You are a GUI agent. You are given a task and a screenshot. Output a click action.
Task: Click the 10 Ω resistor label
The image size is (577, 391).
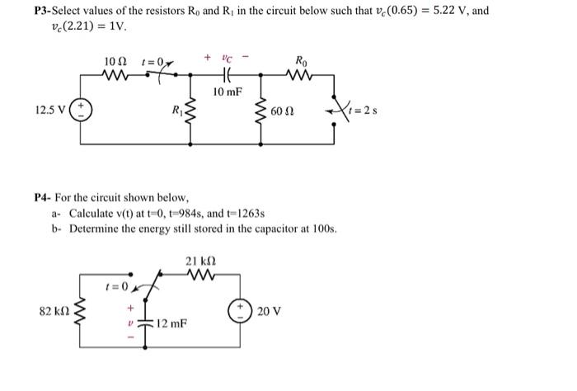[x=115, y=62]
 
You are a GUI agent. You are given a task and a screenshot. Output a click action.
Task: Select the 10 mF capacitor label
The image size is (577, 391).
[x=226, y=92]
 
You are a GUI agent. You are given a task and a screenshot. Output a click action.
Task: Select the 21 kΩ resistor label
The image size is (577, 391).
[x=202, y=261]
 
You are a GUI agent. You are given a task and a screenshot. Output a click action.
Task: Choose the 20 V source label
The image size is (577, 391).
[x=270, y=311]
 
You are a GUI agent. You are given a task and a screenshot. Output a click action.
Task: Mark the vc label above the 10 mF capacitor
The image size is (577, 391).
[x=228, y=59]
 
